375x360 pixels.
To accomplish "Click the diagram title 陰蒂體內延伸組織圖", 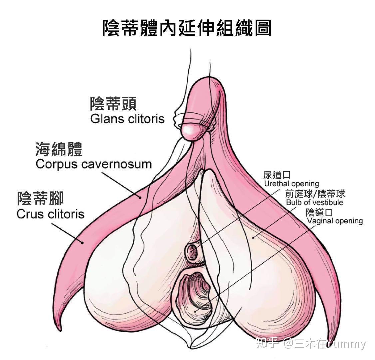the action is point(187,28).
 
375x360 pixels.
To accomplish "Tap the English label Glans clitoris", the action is point(127,119).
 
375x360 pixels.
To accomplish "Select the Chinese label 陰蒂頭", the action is point(113,103).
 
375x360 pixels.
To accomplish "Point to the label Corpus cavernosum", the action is point(94,164).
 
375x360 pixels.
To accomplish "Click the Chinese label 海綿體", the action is point(59,149).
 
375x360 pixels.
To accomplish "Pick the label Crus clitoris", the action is point(51,214).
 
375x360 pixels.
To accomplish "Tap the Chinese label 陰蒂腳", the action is point(40,198).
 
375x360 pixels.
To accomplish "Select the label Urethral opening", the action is point(291,184).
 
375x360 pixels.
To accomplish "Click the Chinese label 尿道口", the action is point(277,175).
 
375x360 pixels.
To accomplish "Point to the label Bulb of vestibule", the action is point(314,202).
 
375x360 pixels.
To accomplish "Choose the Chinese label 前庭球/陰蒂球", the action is point(315,193).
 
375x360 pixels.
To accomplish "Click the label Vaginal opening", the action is point(335,221).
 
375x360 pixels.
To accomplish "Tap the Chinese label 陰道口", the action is point(319,212).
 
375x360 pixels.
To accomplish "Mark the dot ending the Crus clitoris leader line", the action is point(82,243).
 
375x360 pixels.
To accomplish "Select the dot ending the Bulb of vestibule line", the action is point(253,237).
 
